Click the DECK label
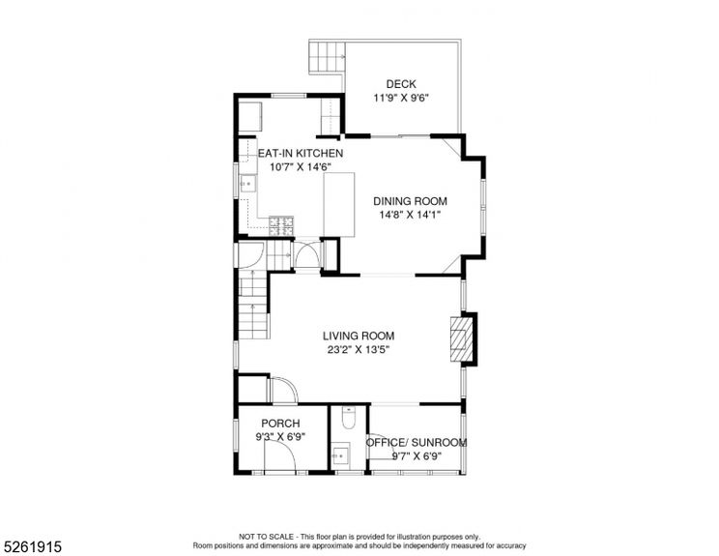[x=401, y=84]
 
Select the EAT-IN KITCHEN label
[x=301, y=154]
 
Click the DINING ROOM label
[x=411, y=201]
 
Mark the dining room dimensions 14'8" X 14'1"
[x=411, y=216]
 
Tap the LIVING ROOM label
[x=359, y=336]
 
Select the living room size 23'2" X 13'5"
[x=359, y=350]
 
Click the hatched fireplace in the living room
[x=462, y=338]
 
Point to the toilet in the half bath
[x=349, y=419]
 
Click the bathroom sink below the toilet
[x=341, y=453]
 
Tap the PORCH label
[x=281, y=424]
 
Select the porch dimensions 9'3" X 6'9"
[x=281, y=437]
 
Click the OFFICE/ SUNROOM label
[x=417, y=443]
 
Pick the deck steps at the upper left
[x=326, y=57]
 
